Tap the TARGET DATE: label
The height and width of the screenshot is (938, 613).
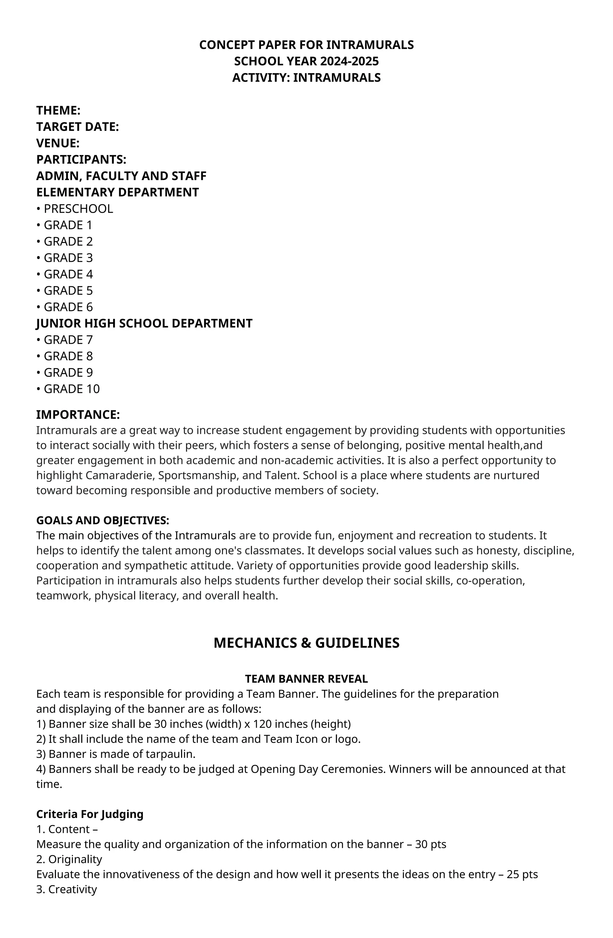(78, 127)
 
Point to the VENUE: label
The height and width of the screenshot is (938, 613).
(58, 143)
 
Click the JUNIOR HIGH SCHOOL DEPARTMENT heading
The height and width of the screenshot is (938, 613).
(144, 323)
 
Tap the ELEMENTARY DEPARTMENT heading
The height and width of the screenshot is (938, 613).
(117, 192)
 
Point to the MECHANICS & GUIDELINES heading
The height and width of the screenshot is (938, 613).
(306, 643)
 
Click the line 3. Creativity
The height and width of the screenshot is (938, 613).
(66, 889)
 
